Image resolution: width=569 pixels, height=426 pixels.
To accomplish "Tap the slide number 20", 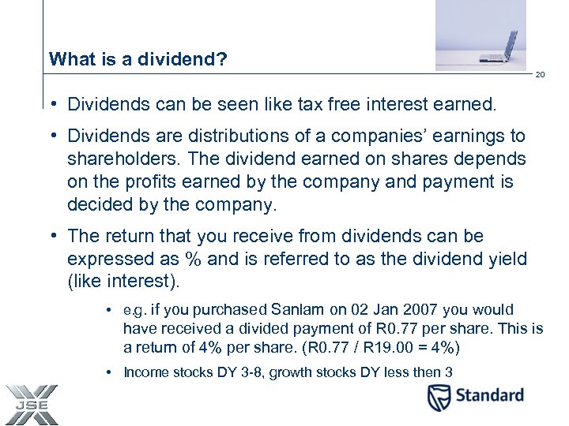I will (541, 75).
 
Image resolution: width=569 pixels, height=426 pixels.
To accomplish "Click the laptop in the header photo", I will (503, 47).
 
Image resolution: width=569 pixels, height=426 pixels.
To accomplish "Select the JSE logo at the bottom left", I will (30, 405).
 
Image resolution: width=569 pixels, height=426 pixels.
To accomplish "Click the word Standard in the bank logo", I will (489, 395).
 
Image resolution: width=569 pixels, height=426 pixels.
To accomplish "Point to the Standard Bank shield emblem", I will (439, 398).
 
